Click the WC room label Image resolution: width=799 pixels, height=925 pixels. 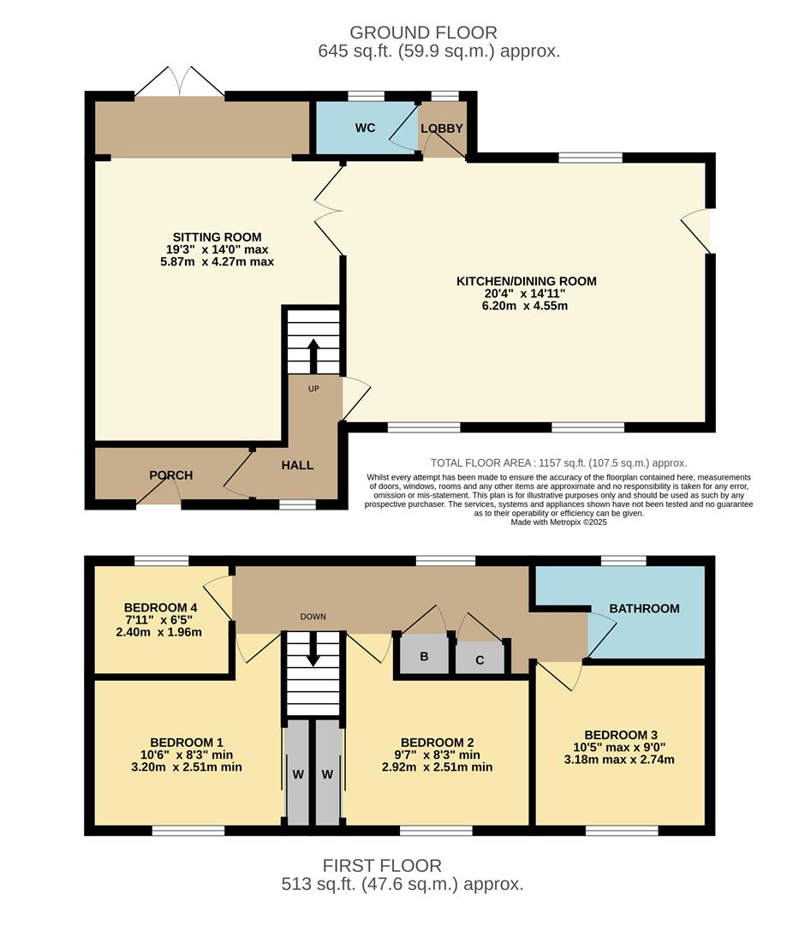366,128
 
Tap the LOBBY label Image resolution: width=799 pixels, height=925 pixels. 442,128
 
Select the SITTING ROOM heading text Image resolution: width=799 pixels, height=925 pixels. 218,237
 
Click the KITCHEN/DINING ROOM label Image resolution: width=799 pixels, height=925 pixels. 526,281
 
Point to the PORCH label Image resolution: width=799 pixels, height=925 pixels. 171,475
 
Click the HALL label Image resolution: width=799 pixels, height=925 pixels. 297,465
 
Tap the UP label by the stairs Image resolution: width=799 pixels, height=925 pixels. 313,389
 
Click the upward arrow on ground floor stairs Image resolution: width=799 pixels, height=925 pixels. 313,354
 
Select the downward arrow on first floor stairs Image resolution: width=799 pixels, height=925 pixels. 313,650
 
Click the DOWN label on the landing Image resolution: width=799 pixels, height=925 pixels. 313,617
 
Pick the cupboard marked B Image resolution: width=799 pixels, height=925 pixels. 424,658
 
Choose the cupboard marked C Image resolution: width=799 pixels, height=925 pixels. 480,659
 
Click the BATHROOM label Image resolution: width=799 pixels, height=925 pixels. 644,608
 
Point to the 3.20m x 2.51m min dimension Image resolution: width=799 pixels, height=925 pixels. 187,767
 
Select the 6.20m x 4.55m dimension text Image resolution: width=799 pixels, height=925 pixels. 526,306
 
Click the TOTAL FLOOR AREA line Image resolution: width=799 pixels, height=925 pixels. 558,462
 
